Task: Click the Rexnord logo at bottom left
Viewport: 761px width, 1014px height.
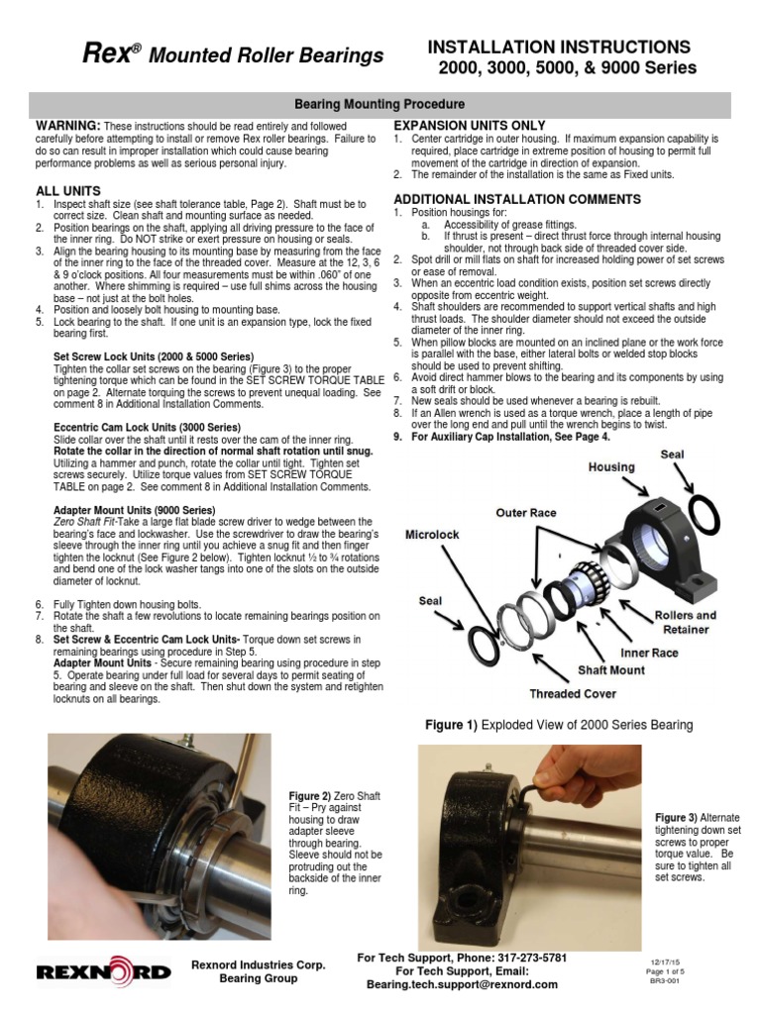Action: pos(103,972)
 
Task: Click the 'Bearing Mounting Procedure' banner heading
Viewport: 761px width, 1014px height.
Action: pos(380,104)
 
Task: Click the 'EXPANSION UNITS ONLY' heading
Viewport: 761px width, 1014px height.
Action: pos(470,126)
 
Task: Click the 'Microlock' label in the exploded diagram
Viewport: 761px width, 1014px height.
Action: pos(432,535)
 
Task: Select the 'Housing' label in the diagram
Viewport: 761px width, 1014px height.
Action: pos(611,466)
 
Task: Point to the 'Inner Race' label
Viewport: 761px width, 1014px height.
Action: pos(649,653)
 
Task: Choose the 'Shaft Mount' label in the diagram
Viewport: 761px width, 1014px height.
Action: pos(611,669)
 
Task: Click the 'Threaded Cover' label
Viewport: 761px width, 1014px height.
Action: pos(573,693)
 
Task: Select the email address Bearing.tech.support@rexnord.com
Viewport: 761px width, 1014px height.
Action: pos(462,985)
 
